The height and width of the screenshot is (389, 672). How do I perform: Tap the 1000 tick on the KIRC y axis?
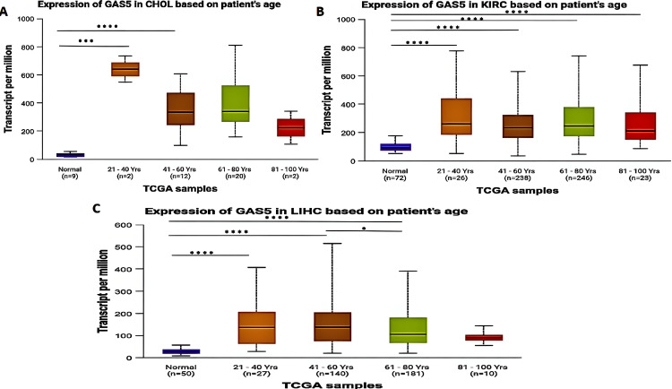click(379, 20)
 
